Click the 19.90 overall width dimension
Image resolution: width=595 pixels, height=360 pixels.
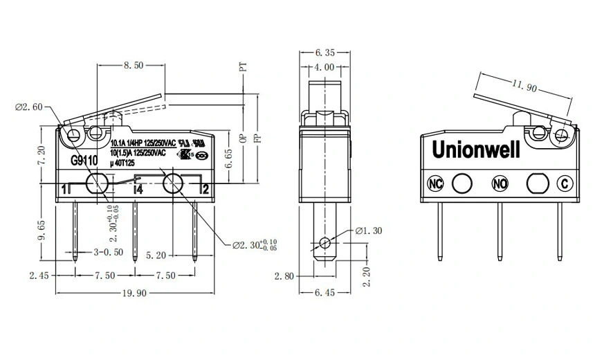pyautogui.click(x=134, y=293)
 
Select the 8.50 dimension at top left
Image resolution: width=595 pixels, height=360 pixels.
pyautogui.click(x=133, y=66)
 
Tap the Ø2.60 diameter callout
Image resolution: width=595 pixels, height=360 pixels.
pyautogui.click(x=29, y=107)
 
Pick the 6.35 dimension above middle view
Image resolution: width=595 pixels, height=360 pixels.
pyautogui.click(x=324, y=52)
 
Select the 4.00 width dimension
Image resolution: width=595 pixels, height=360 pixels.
pyautogui.click(x=324, y=67)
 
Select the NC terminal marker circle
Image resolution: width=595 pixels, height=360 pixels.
pyautogui.click(x=435, y=183)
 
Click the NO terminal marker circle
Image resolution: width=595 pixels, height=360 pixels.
pyautogui.click(x=500, y=183)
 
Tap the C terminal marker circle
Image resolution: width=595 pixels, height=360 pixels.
pyautogui.click(x=565, y=183)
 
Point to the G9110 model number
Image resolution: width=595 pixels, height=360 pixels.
pyautogui.click(x=85, y=157)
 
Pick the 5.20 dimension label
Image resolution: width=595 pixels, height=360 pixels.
pyautogui.click(x=161, y=255)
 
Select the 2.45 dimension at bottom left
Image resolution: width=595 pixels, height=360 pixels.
pyautogui.click(x=39, y=275)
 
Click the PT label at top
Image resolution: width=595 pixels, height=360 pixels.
pyautogui.click(x=243, y=66)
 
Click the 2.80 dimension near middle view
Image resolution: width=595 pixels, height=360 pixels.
pyautogui.click(x=284, y=276)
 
